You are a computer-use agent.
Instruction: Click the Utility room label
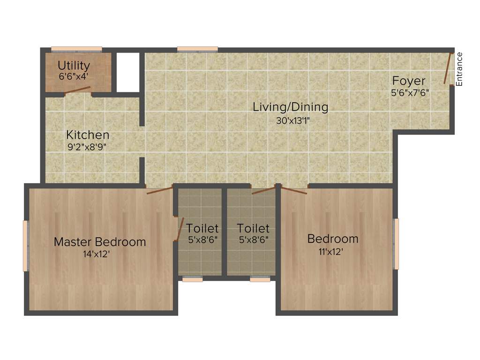(74, 65)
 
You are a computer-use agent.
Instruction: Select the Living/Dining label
(290, 107)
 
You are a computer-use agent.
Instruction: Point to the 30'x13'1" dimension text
(293, 120)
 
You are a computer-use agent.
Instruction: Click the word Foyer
(409, 81)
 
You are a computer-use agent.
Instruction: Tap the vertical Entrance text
(459, 69)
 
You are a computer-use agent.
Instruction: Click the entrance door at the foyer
(449, 68)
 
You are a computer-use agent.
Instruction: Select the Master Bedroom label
(99, 242)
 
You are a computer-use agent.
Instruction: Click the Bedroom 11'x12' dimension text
(331, 251)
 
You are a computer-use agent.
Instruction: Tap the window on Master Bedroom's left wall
(26, 246)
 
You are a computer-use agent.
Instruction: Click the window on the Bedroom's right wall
(396, 244)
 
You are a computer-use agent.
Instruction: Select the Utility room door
(77, 90)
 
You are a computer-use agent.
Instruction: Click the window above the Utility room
(76, 48)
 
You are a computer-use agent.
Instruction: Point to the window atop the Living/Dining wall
(197, 48)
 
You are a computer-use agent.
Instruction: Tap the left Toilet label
(202, 228)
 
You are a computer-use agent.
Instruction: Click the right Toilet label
(253, 228)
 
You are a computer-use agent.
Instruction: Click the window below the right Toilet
(260, 279)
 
